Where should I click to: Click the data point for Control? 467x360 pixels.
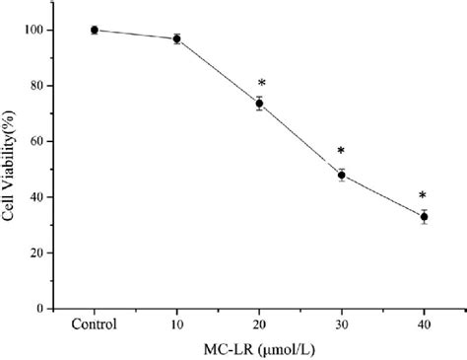[94, 30]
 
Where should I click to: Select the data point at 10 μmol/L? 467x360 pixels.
[176, 38]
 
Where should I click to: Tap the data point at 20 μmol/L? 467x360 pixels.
[259, 103]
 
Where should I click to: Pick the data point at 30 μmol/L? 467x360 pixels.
[342, 175]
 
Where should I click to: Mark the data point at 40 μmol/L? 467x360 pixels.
[425, 216]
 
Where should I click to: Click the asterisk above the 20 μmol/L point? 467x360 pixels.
[262, 84]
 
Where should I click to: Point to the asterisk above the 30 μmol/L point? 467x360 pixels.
[341, 152]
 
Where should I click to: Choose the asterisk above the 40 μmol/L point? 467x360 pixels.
[423, 195]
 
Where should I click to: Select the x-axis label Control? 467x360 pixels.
[94, 324]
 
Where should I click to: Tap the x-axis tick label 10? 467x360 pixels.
[176, 324]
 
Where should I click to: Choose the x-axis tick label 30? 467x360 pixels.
[342, 324]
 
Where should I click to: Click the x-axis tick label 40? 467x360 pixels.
[425, 324]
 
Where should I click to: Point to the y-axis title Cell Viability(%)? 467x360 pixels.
[11, 170]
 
